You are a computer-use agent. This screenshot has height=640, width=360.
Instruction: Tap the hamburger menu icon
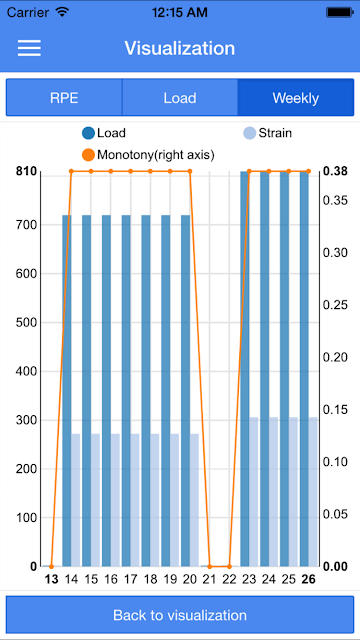[29, 48]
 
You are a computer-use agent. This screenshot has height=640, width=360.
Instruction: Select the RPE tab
[64, 98]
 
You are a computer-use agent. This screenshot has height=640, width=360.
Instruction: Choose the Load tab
[180, 98]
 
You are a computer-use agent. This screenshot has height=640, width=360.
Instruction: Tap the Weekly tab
[296, 98]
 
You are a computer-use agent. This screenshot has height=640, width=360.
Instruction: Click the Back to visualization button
[180, 615]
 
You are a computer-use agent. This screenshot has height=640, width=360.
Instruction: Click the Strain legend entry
[267, 133]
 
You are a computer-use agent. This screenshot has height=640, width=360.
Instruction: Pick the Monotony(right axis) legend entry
[148, 155]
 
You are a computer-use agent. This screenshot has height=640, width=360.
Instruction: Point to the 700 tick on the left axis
[27, 225]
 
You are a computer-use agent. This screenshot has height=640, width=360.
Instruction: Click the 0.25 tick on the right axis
[335, 305]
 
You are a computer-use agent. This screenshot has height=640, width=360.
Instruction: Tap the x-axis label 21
[210, 580]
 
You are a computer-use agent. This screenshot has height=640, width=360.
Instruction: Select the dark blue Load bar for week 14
[67, 391]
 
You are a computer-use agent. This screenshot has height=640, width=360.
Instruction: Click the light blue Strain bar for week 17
[135, 500]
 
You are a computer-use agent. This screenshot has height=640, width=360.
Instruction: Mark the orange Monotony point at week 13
[51, 567]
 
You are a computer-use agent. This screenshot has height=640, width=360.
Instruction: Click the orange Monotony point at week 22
[229, 567]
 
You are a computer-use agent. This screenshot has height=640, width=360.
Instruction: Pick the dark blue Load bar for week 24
[264, 369]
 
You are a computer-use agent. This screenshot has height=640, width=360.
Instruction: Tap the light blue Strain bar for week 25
[294, 492]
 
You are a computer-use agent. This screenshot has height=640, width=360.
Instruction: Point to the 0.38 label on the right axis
[335, 171]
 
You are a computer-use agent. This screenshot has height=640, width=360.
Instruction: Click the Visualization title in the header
[180, 48]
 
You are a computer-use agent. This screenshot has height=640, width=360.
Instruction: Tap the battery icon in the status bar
[340, 12]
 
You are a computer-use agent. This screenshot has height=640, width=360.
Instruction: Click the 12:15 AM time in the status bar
[180, 12]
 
